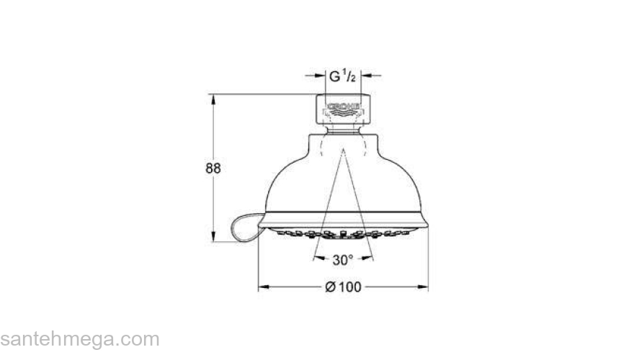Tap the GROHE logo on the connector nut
pyautogui.click(x=342, y=109)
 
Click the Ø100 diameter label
pyautogui.click(x=343, y=287)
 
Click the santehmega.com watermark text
pyautogui.click(x=79, y=339)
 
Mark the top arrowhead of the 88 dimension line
pyautogui.click(x=213, y=99)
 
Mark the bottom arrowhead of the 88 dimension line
pyautogui.click(x=213, y=237)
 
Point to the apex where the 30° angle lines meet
pyautogui.click(x=343, y=150)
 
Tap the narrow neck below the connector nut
pyautogui.click(x=342, y=130)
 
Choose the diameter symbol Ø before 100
pyautogui.click(x=330, y=287)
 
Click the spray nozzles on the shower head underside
pyautogui.click(x=342, y=234)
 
